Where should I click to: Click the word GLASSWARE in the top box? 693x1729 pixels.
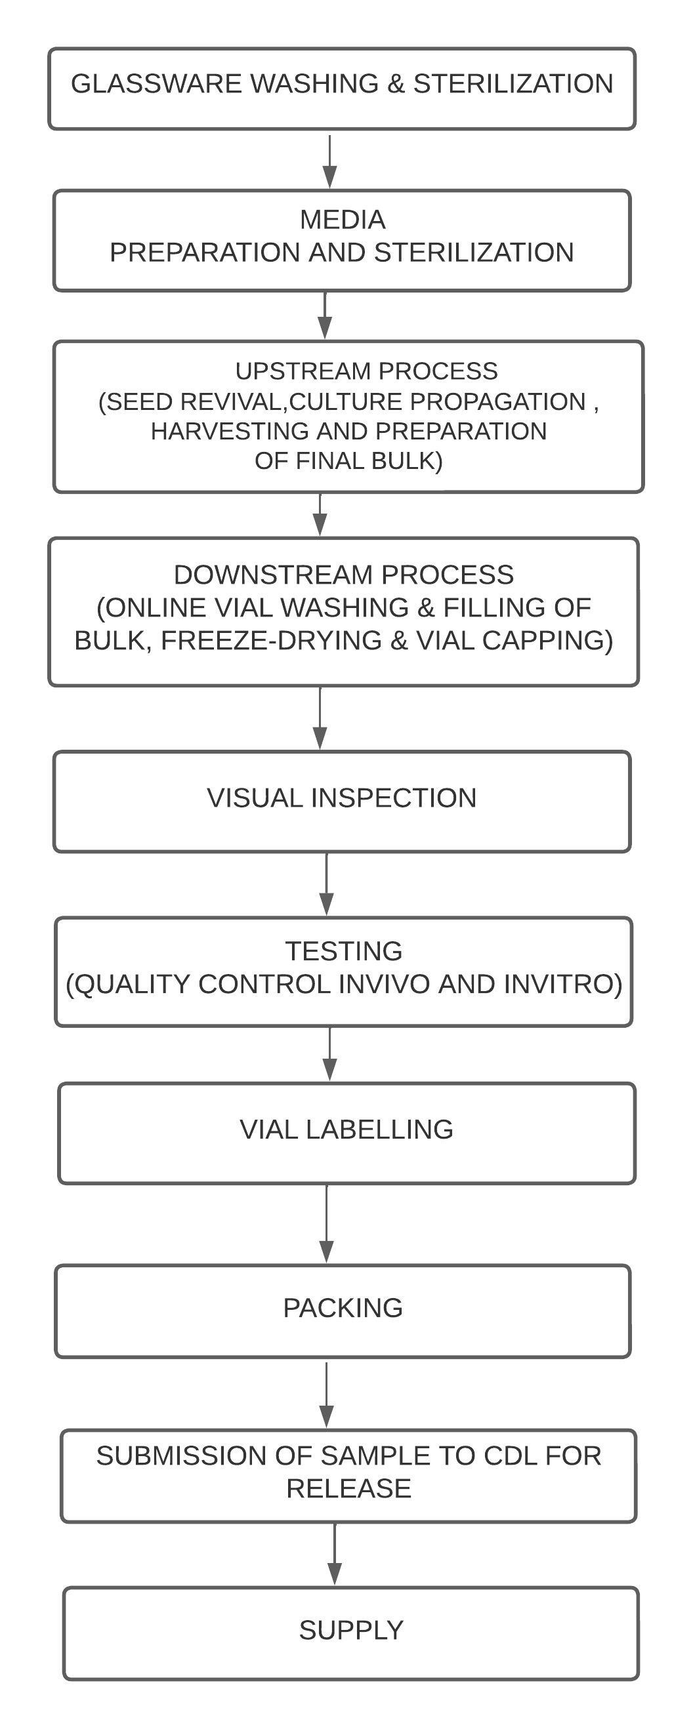(x=156, y=84)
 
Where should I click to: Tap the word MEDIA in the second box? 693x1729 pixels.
(x=343, y=220)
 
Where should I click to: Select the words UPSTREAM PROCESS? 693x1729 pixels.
(x=367, y=371)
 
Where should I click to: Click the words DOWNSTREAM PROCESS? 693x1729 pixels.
(x=344, y=575)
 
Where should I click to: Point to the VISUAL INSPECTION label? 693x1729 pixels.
(x=342, y=798)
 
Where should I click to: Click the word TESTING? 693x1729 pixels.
(x=344, y=950)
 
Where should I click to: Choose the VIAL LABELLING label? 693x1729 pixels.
(x=346, y=1129)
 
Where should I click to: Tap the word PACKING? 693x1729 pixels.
(x=343, y=1307)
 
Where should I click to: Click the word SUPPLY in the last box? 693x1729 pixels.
(x=351, y=1630)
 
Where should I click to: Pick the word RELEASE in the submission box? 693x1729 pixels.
(x=348, y=1488)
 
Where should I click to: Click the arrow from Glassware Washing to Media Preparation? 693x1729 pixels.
(x=329, y=161)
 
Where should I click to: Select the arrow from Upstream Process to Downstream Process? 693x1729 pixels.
(x=320, y=515)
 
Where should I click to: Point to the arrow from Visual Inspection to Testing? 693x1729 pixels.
(x=326, y=884)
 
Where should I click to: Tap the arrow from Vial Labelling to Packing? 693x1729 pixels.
(x=326, y=1223)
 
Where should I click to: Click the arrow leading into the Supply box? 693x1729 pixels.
(x=335, y=1555)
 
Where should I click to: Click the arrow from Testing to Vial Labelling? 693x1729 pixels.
(x=329, y=1054)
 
